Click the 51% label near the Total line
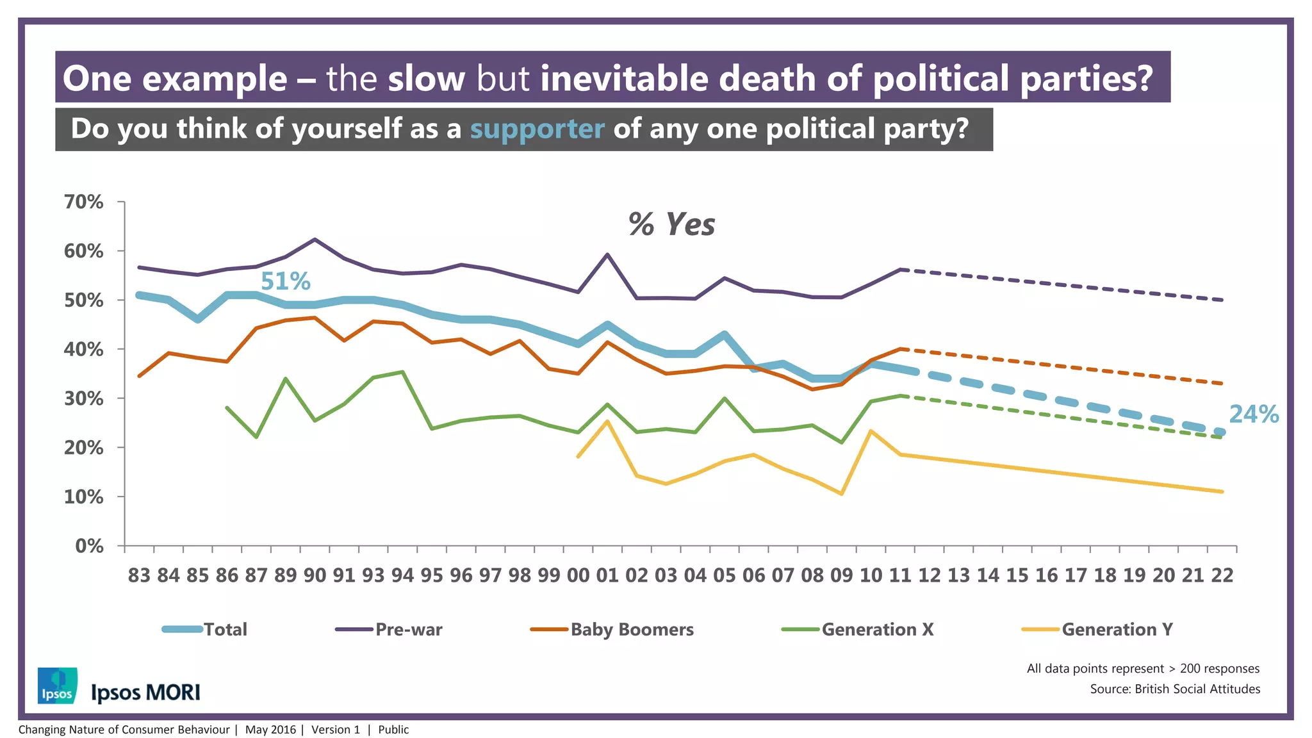click(285, 281)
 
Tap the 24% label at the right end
click(1253, 414)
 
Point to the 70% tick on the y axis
click(84, 202)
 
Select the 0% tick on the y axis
click(89, 546)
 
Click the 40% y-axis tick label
click(84, 349)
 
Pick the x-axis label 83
click(139, 575)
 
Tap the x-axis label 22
click(1222, 575)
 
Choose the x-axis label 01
click(607, 575)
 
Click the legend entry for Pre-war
click(389, 629)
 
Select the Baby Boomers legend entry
click(612, 629)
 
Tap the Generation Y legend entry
click(1098, 629)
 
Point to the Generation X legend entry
click(858, 629)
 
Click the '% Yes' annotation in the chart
click(671, 225)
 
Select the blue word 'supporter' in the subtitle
click(537, 129)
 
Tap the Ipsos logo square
click(58, 685)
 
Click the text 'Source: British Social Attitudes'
click(1175, 689)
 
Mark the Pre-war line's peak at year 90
click(315, 240)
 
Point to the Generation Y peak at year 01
click(607, 421)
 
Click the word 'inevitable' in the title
click(625, 78)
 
